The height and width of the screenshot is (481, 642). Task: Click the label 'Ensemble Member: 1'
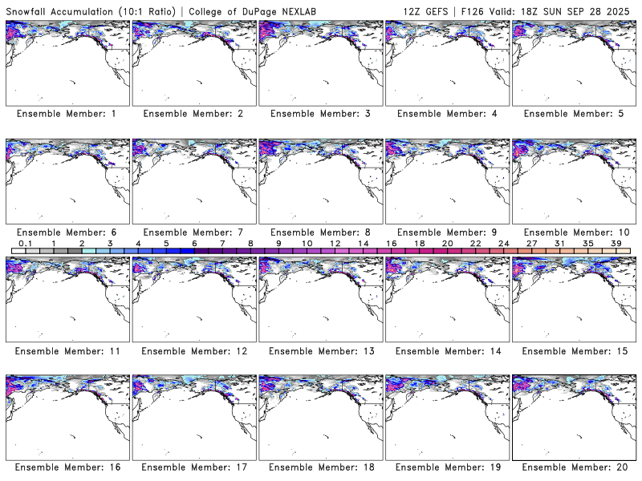point(67,114)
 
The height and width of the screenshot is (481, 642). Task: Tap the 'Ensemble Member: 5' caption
point(572,114)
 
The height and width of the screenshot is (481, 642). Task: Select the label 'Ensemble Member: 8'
point(319,232)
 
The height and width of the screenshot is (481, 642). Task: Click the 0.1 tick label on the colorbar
point(25,243)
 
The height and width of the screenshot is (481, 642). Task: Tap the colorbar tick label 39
point(616,243)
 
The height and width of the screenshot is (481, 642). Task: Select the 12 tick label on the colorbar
point(335,243)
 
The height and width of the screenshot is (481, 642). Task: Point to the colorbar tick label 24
point(503,243)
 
